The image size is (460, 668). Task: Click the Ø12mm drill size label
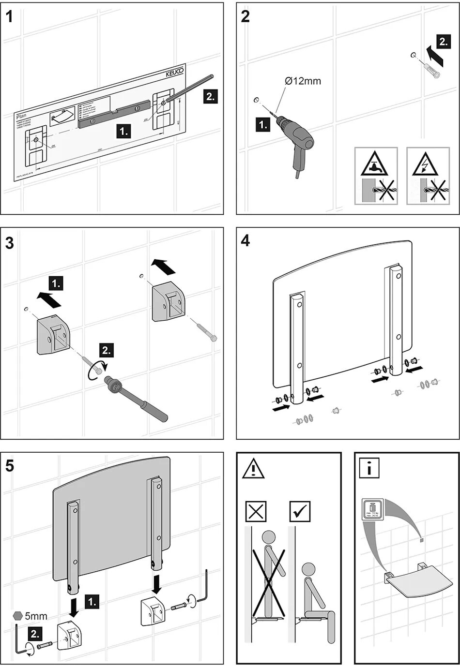point(303,81)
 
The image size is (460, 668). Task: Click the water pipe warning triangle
point(376,165)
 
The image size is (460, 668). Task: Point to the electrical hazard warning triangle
point(425,165)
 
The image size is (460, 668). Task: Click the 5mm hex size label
point(36,616)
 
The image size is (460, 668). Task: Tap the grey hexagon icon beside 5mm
point(18,615)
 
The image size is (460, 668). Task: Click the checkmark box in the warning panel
point(300,511)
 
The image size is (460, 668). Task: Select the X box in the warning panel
point(256,511)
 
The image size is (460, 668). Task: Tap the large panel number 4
point(245,240)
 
